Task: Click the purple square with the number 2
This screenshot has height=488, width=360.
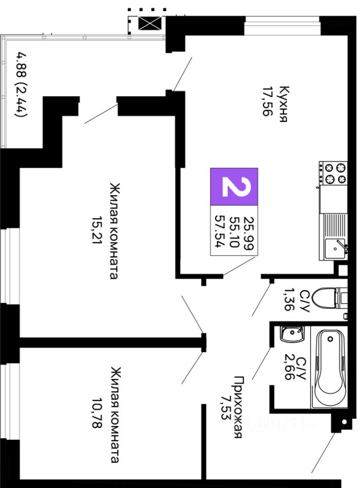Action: coord(234,187)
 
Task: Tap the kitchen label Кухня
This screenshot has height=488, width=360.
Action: coord(284,104)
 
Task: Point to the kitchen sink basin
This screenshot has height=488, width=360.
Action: coord(335,249)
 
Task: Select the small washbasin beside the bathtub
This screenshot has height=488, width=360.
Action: coord(292,333)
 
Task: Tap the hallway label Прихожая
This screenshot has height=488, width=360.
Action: coord(238,407)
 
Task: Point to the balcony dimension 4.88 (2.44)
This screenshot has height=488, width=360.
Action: coord(21,85)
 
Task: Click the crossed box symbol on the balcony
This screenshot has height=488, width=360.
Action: coord(150,23)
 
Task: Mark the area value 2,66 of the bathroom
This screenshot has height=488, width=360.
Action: coord(289,368)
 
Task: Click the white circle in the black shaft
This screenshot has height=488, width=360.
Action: coord(344,422)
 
